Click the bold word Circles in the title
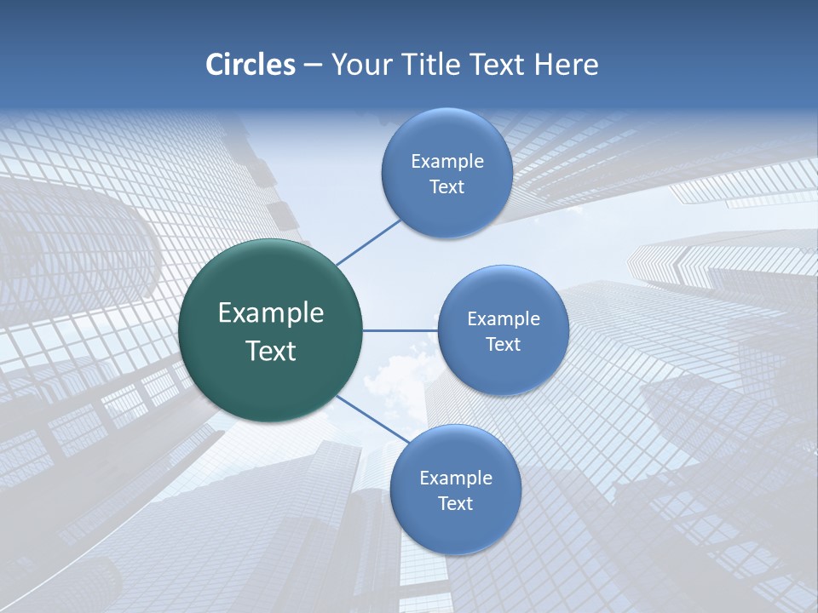(250, 65)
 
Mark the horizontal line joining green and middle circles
(400, 330)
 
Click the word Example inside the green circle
(271, 313)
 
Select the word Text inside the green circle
(271, 351)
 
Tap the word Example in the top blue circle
(446, 162)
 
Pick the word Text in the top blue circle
(446, 187)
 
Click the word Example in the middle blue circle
(503, 319)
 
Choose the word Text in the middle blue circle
(503, 345)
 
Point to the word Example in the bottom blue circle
(455, 478)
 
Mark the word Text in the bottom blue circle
(455, 504)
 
